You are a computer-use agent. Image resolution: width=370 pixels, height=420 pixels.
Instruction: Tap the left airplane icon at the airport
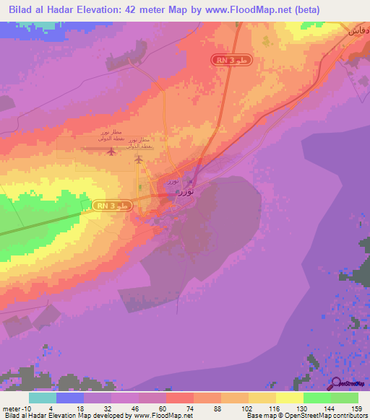point(111,151)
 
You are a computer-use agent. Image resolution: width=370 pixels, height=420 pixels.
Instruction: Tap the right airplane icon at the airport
point(139,159)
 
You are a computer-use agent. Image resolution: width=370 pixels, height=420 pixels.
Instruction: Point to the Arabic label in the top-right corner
point(359,32)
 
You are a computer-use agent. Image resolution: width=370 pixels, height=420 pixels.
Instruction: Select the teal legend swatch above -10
point(43,398)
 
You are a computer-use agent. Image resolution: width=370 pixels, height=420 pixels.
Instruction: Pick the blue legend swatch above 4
point(70,398)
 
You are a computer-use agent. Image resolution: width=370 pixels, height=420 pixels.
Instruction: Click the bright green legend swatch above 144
point(317,398)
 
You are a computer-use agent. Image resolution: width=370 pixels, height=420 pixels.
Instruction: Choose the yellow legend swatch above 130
point(289,398)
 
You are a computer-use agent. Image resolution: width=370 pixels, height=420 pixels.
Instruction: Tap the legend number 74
point(179,408)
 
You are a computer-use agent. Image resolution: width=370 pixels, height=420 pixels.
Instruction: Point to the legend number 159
point(345,408)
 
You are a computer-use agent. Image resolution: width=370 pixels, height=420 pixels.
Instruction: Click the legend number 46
point(124,408)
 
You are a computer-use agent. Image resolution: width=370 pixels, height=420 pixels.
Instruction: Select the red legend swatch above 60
point(179,398)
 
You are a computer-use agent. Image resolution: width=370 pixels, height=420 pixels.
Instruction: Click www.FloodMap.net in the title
point(245,9)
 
